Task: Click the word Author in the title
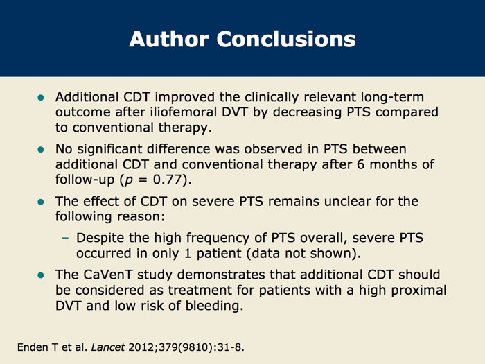click(168, 39)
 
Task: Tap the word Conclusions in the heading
click(286, 39)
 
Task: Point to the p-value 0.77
click(168, 180)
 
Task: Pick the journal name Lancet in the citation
click(108, 347)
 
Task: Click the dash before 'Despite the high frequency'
click(65, 238)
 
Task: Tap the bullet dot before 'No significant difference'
click(40, 150)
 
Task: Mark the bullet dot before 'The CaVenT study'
click(40, 275)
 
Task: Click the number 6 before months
click(361, 164)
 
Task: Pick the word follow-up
click(85, 180)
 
